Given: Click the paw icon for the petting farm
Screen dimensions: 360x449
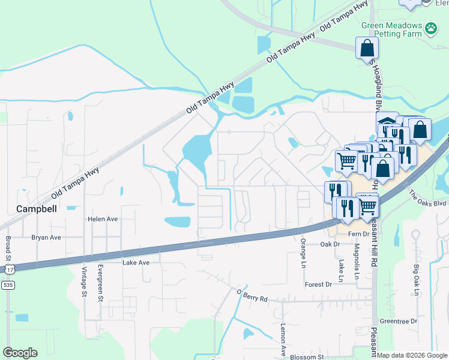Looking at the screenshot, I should pos(430,28).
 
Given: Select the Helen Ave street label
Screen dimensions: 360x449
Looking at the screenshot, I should pos(103,219).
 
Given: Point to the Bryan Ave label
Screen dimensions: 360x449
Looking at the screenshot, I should pos(46,238).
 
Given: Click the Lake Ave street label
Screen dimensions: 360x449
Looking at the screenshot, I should pos(136,262).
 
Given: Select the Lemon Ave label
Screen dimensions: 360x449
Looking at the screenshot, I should pos(283,340).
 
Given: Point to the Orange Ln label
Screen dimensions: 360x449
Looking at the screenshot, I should pos(303,253).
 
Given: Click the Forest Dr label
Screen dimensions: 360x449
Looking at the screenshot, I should pos(318,284).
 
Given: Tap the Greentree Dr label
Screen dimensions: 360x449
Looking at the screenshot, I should pos(399,322).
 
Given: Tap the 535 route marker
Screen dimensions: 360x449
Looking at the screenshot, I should pos(8,286).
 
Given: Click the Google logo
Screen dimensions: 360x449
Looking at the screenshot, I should pos(20,353).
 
